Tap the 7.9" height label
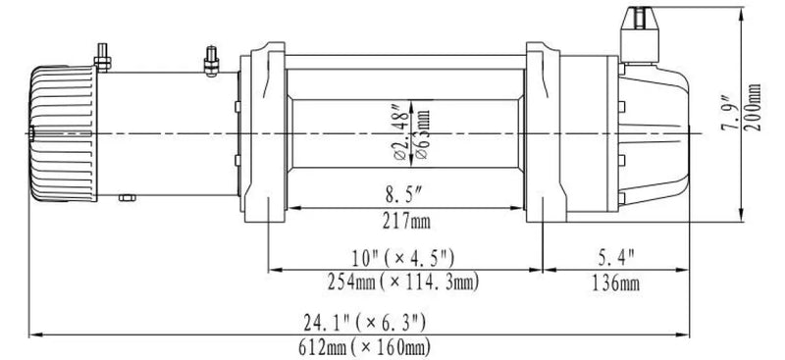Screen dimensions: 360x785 (x=726, y=117)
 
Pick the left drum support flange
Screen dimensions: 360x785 (x=264, y=132)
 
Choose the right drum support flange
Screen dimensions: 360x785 (x=542, y=132)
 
